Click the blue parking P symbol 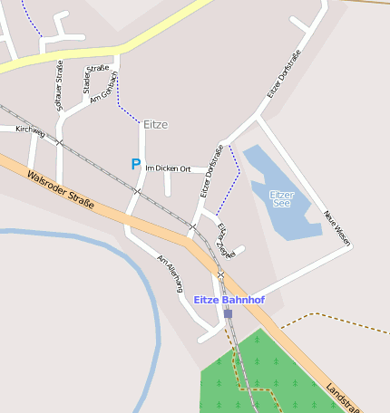(x=136, y=164)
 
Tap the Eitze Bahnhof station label (x=229, y=299)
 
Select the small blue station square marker (x=228, y=313)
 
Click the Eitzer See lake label (x=281, y=197)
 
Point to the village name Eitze (x=155, y=124)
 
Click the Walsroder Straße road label (x=61, y=191)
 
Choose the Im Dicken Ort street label (x=168, y=168)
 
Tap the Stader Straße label (x=94, y=77)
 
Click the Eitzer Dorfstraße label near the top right (x=284, y=75)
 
